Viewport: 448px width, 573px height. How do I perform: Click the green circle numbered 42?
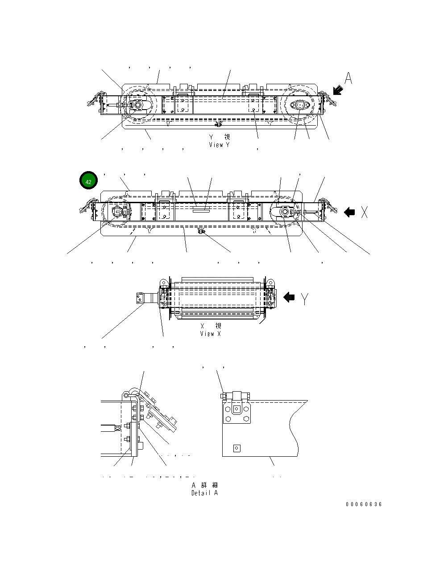(88, 182)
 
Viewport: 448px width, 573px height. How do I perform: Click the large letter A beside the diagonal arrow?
(348, 78)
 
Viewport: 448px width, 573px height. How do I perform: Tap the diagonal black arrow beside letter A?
(338, 90)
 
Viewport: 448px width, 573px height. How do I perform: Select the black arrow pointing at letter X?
(349, 213)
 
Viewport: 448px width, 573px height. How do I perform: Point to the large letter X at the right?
(364, 213)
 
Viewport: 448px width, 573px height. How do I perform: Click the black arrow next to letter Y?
(289, 297)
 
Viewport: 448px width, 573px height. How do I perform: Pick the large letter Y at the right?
(304, 299)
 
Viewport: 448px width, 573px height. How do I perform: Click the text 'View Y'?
(219, 145)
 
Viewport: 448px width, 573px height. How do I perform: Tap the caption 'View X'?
(210, 334)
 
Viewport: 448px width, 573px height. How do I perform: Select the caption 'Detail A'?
(205, 493)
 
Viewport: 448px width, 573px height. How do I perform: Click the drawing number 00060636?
(364, 504)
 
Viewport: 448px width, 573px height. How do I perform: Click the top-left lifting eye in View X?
(164, 282)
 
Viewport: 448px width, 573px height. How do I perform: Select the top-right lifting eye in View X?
(270, 283)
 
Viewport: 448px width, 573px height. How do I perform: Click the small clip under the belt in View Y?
(218, 123)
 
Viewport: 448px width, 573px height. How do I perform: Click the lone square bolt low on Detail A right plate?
(237, 448)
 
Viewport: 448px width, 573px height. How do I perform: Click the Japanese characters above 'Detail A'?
(205, 485)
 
